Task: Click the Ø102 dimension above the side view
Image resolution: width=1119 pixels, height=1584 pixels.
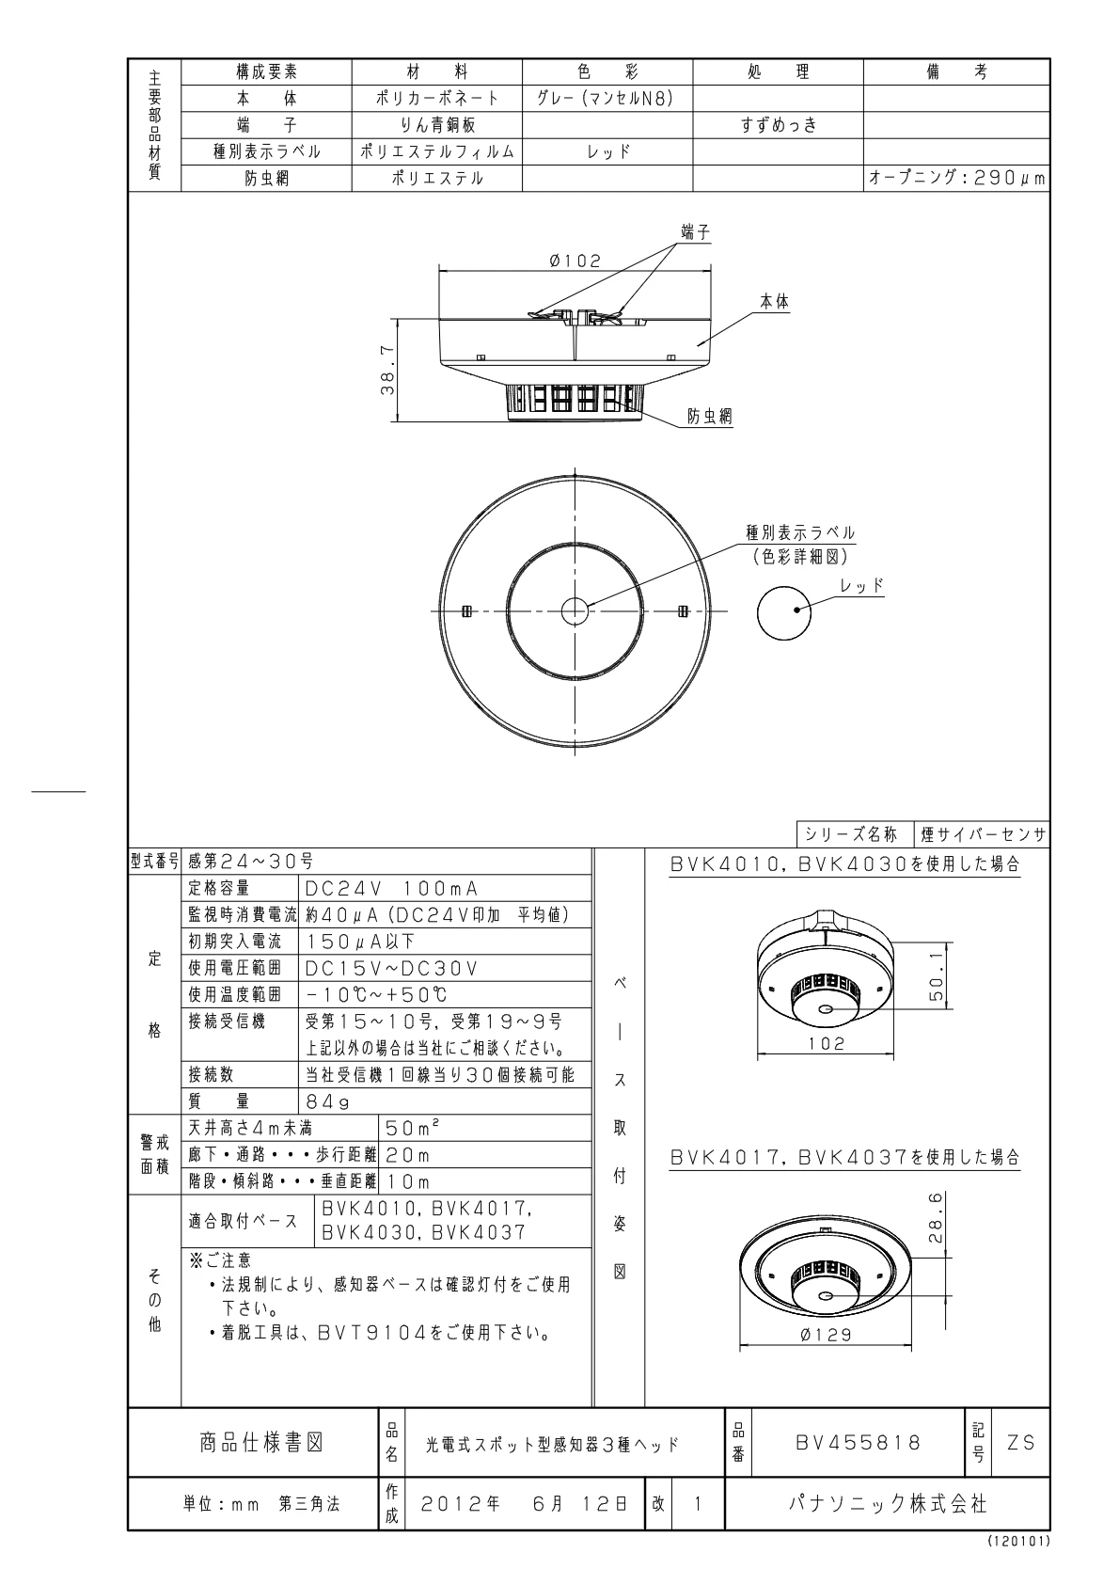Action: pos(575,261)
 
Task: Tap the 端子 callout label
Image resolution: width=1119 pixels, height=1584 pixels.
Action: pos(695,231)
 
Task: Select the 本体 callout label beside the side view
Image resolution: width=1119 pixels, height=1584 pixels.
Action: pos(774,302)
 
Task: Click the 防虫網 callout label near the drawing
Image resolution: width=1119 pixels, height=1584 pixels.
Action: pos(709,417)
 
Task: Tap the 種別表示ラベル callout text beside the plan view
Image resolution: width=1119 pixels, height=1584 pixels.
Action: pos(800,533)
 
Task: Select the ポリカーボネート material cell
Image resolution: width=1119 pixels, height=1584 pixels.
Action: pos(437,98)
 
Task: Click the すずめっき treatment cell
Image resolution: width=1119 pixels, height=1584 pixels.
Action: pos(778,124)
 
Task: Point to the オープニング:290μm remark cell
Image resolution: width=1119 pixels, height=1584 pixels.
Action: pos(956,178)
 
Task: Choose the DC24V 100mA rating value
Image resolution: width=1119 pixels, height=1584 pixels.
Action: pos(392,888)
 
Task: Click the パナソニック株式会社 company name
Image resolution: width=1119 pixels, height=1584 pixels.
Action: pos(887,1504)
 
